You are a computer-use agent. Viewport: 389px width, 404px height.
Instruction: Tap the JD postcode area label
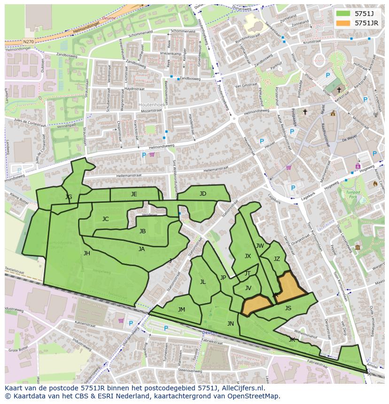[x=202, y=193]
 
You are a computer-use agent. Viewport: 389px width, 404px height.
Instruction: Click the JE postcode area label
[x=134, y=194]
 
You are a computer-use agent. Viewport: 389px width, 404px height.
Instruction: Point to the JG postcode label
[x=69, y=197]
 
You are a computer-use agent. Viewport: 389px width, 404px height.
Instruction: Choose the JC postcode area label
[x=105, y=219]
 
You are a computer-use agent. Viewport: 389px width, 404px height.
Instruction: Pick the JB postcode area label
[x=142, y=231]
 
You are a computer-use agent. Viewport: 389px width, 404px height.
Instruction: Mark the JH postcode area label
[x=87, y=253]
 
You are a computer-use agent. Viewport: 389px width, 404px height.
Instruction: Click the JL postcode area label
[x=203, y=282]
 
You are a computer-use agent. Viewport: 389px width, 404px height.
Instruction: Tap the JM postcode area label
[x=181, y=309]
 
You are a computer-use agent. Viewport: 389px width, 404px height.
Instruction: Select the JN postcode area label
[x=230, y=323]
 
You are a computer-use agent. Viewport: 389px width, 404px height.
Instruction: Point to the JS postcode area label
[x=288, y=308]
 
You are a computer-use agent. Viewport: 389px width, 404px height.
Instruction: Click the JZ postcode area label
[x=277, y=259]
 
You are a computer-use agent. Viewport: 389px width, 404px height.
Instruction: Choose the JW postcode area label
[x=260, y=245]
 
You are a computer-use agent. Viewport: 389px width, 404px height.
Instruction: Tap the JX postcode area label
[x=248, y=256]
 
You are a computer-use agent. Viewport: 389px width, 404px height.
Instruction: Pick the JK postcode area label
[x=292, y=339]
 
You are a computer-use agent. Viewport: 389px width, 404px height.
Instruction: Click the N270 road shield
[x=28, y=42]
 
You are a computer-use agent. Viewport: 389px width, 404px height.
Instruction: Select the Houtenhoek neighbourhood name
[x=151, y=104]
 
